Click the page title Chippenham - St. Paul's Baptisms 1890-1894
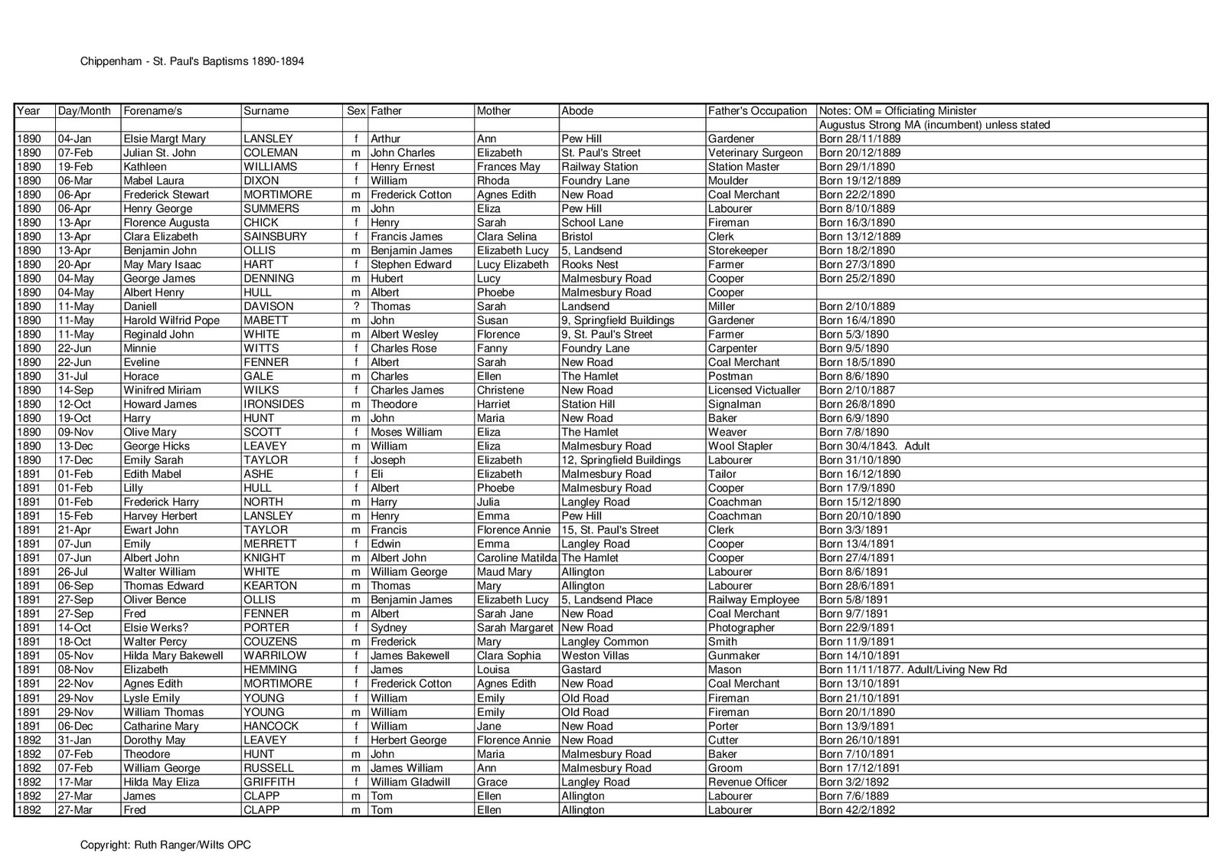pos(192,61)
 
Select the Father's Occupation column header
pos(757,111)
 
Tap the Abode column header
pos(577,111)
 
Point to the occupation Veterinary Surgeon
pos(755,153)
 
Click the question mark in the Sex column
pos(356,306)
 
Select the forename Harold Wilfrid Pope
pos(171,320)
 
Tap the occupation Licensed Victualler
pos(754,390)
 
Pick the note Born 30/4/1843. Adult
pos(874,446)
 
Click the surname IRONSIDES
pos(273,404)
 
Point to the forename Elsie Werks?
pos(154,628)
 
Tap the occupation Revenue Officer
pos(747,782)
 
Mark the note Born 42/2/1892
pos(857,810)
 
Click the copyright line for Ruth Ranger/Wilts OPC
pos(165,845)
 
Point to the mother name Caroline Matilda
pos(517,558)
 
